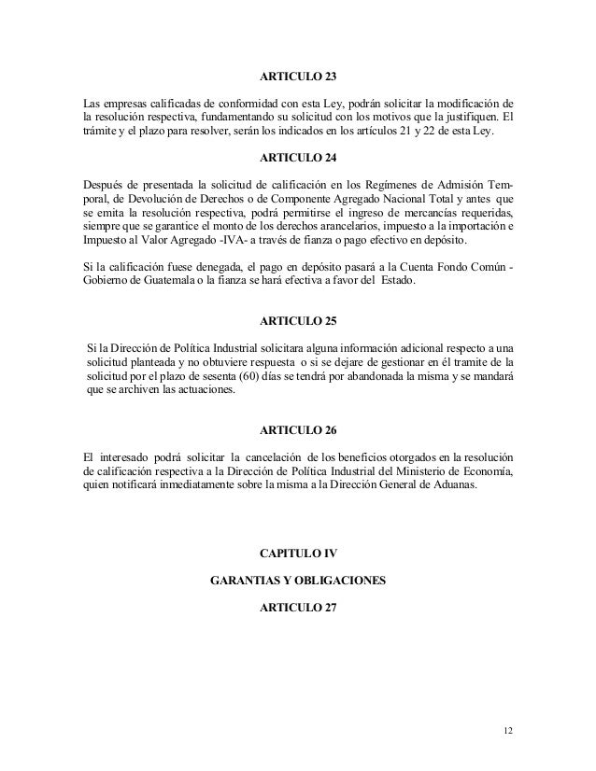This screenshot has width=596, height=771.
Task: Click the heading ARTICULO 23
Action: tap(297, 75)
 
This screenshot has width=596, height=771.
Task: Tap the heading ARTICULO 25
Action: tap(297, 320)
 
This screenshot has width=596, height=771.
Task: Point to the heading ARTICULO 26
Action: tap(297, 432)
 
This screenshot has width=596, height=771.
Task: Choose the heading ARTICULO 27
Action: tap(297, 609)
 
